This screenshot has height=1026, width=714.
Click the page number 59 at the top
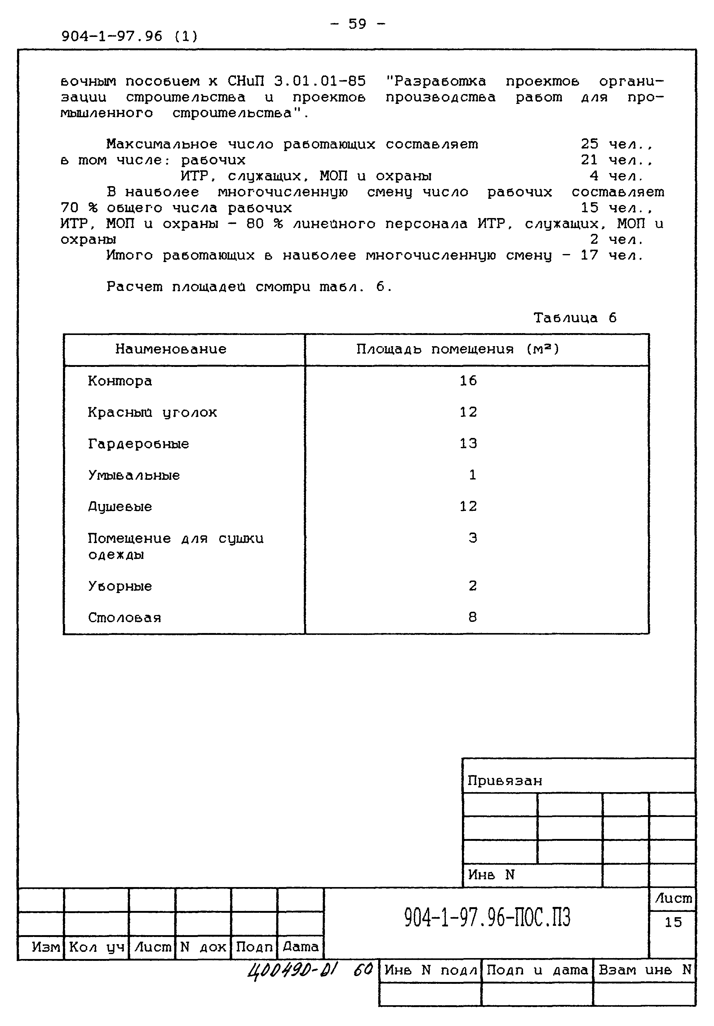[x=357, y=24]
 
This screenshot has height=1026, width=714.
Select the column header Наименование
[x=171, y=349]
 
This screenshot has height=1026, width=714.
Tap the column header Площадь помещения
[x=458, y=349]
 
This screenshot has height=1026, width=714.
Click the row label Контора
[x=120, y=381]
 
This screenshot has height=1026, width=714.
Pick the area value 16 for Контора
[x=468, y=381]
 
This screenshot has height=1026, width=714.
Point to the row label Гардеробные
[x=139, y=444]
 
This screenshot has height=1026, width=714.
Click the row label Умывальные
[x=134, y=475]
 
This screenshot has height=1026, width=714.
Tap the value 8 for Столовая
[x=473, y=617]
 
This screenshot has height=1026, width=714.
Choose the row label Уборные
[x=120, y=586]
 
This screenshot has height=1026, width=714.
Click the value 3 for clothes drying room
[x=473, y=538]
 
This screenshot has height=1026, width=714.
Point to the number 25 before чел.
[x=589, y=144]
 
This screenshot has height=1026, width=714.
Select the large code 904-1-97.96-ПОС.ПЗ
[x=487, y=918]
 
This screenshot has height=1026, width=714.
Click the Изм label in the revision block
[x=46, y=947]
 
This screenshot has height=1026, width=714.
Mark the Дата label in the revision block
[x=300, y=947]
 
